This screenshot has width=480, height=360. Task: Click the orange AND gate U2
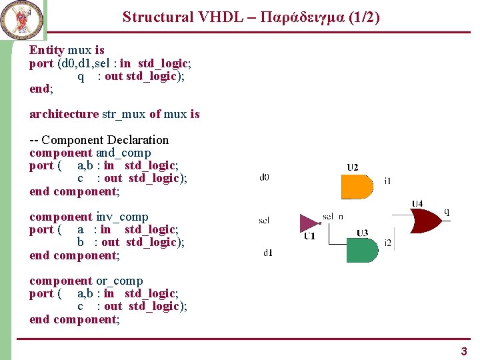coord(357,187)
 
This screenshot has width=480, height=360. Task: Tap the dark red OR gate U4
coord(427,220)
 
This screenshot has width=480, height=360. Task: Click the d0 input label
coord(265,177)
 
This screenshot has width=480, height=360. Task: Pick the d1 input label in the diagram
coord(268,253)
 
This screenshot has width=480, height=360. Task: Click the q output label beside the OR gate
coord(447,213)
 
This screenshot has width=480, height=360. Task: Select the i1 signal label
coord(388,181)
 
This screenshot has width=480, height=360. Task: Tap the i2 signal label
coord(388,242)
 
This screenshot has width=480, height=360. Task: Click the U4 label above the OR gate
coord(417,203)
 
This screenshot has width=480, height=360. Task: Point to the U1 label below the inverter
coord(309,236)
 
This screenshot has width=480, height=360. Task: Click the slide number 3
coord(464,351)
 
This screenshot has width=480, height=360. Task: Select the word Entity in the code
coord(47,50)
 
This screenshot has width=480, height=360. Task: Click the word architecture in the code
coord(63,114)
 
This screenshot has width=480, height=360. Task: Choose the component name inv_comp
coord(122,217)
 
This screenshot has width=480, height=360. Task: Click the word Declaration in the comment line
coord(138,140)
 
